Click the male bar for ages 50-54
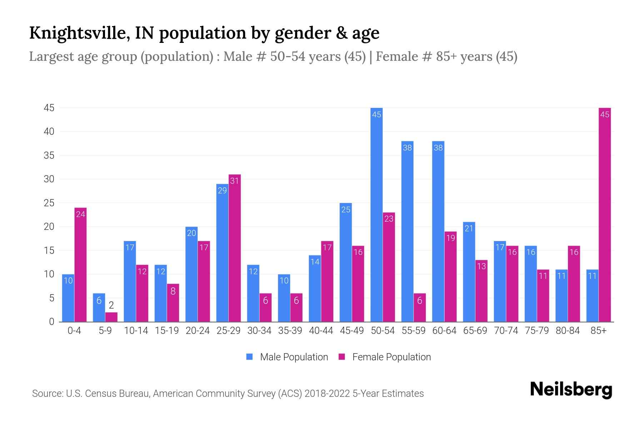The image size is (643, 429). tap(376, 214)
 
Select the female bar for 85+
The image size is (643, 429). tap(604, 214)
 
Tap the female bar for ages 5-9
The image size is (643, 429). tap(111, 317)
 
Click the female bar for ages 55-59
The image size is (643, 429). tap(419, 307)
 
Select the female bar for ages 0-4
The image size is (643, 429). tap(80, 265)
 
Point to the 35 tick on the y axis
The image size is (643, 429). tap(49, 156)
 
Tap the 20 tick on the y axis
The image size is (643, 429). tap(49, 227)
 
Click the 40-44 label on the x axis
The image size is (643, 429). tap(321, 331)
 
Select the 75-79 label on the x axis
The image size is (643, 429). tap(537, 331)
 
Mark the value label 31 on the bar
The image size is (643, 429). tap(234, 181)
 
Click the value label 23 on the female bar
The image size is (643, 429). tap(389, 219)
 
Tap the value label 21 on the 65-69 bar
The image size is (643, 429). tap(469, 228)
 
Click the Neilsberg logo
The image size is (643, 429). tap(571, 389)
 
